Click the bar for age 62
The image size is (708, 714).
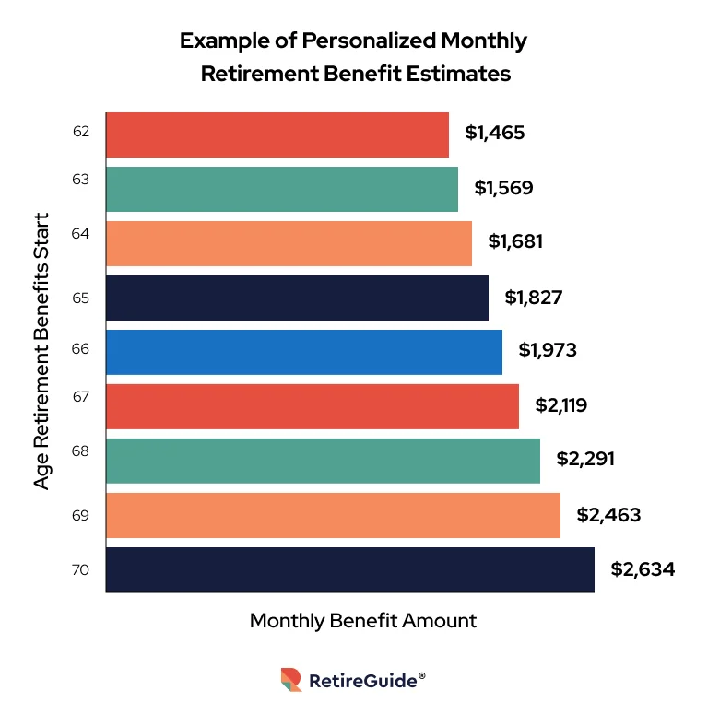click(x=277, y=135)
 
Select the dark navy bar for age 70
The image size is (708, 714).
click(x=350, y=569)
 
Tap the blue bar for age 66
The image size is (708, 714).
click(x=304, y=352)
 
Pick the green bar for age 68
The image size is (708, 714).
click(x=323, y=461)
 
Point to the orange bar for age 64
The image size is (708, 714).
click(x=289, y=243)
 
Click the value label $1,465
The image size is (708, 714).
click(x=495, y=133)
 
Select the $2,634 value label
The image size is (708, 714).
click(x=643, y=569)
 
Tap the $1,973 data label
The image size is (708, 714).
click(x=549, y=350)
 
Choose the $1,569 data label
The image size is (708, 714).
click(x=503, y=188)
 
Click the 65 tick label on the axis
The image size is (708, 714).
click(x=80, y=298)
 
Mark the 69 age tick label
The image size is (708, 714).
click(x=80, y=515)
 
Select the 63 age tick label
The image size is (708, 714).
click(x=80, y=180)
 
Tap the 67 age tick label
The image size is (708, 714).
click(x=80, y=396)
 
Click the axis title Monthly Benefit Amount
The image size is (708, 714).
click(x=363, y=620)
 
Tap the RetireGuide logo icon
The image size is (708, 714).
click(x=291, y=680)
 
